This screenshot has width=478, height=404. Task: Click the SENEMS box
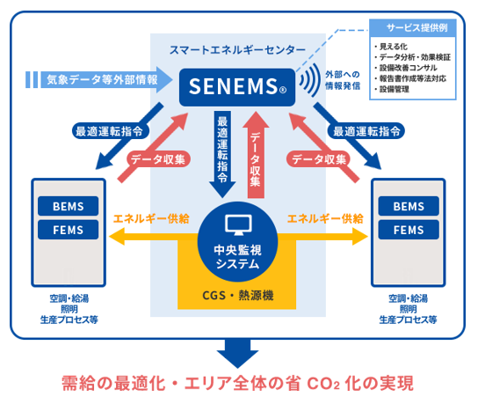[237, 87]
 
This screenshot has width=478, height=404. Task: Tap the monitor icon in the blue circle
[238, 224]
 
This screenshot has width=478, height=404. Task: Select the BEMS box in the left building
[68, 206]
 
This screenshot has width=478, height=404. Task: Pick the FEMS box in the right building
[409, 230]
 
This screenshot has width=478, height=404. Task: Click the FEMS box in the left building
[68, 230]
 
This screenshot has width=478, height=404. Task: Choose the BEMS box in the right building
[409, 206]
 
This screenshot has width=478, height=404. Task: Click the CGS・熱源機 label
[238, 296]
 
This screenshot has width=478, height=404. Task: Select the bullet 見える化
[391, 47]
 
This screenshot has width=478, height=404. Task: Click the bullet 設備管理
[392, 89]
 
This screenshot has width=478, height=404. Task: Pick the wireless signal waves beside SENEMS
[310, 80]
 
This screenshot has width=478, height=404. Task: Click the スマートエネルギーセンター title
[237, 50]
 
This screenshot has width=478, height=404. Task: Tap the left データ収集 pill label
[158, 159]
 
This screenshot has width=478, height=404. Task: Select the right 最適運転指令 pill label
[366, 131]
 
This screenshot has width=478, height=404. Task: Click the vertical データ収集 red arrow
[256, 155]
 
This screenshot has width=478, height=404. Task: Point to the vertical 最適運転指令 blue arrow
[222, 154]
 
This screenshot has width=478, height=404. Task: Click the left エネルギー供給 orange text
[151, 218]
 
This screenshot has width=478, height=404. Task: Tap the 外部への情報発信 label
[343, 80]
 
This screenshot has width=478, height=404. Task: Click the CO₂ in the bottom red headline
[323, 384]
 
